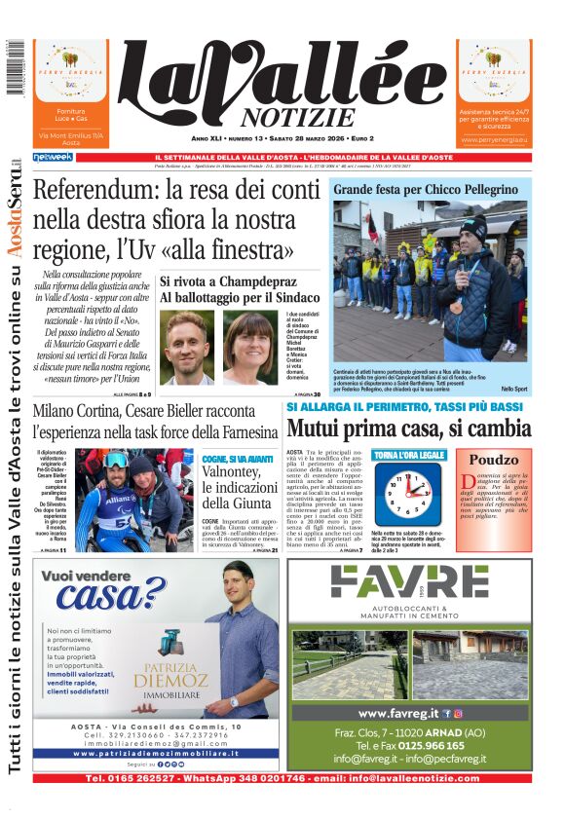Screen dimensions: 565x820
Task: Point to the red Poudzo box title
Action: point(494,461)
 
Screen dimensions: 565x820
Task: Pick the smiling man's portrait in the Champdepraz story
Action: point(187,348)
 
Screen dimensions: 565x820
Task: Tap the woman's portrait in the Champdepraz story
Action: point(249,348)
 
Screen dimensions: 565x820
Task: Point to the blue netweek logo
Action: point(53,157)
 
